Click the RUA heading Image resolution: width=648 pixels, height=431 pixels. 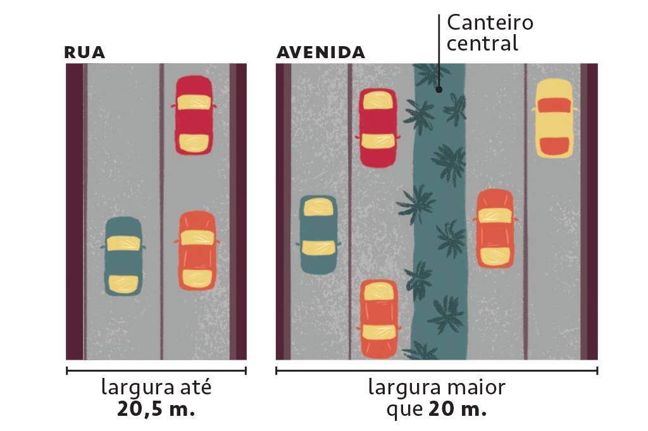(84, 52)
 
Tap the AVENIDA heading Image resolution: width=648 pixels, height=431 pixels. (321, 52)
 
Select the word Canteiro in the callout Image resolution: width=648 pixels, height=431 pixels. (490, 23)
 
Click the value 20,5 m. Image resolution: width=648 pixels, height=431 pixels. (156, 408)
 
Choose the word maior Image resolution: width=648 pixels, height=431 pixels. (475, 387)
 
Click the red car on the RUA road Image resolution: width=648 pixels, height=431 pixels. (193, 115)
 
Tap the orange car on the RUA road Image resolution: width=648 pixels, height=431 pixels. (196, 250)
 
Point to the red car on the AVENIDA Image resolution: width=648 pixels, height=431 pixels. (378, 128)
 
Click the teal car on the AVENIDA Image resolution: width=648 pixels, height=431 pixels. (318, 234)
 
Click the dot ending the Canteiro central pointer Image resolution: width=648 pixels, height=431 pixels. (439, 90)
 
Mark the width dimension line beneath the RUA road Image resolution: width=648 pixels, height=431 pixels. (156, 371)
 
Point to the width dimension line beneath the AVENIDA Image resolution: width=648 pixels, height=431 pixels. (437, 371)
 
